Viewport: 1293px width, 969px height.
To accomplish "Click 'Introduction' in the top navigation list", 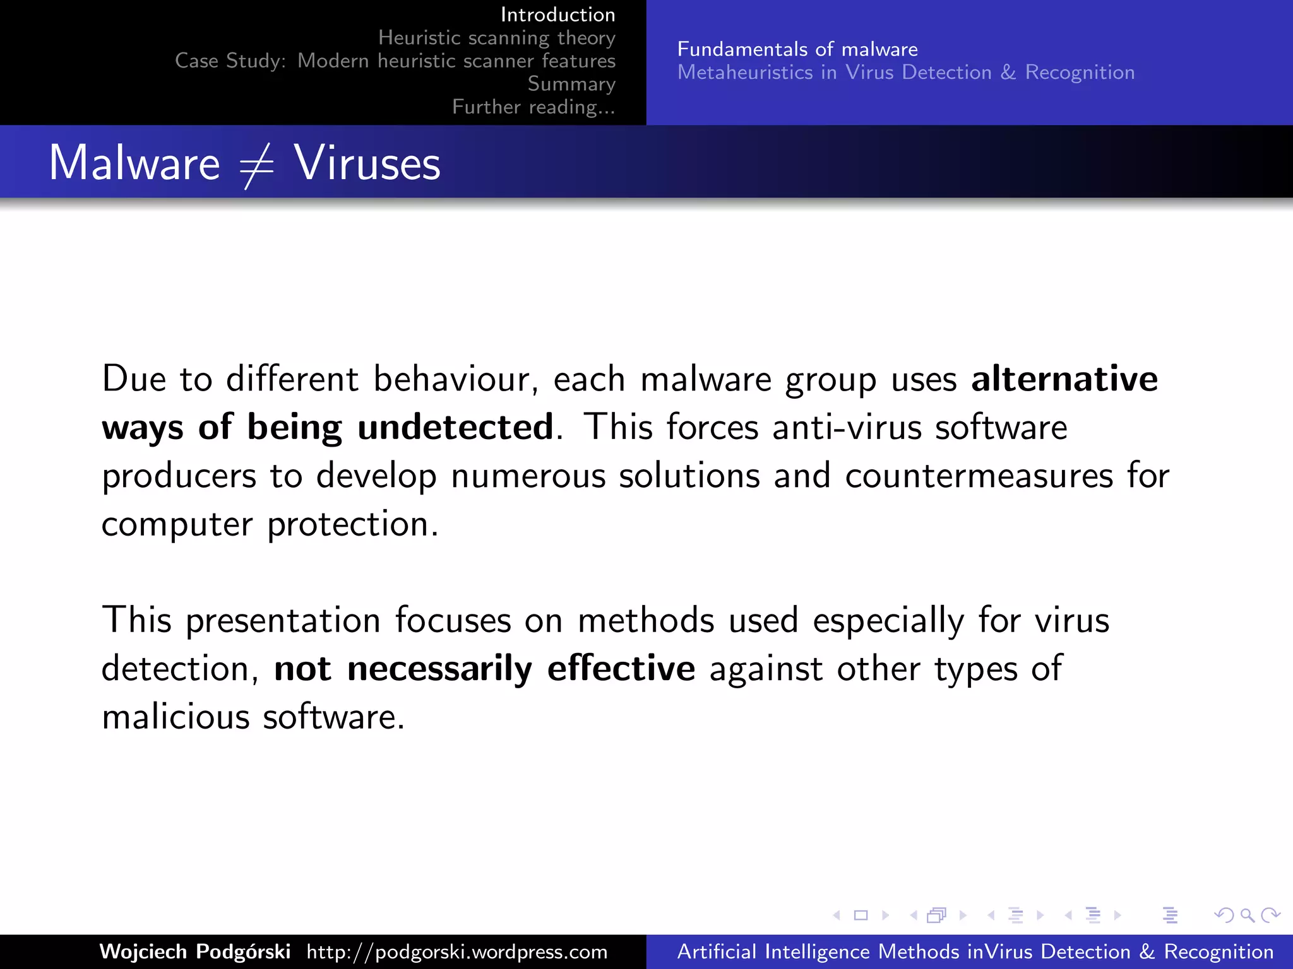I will pyautogui.click(x=557, y=15).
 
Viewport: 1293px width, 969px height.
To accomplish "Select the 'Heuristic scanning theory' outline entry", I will pyautogui.click(x=496, y=38).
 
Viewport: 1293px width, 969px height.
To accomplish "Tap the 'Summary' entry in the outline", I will pyautogui.click(x=571, y=84).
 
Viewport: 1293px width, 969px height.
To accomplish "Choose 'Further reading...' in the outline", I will pyautogui.click(x=533, y=107).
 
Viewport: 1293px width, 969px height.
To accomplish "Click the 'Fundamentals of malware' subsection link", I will pyautogui.click(x=797, y=49).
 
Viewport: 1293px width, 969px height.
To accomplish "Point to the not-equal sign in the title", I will pyautogui.click(x=256, y=165).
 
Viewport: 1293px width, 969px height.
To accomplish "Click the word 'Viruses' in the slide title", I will pyautogui.click(x=367, y=163).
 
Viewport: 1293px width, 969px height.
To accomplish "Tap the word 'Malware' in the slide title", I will pyautogui.click(x=134, y=163).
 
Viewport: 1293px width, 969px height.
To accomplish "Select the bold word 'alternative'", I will pyautogui.click(x=1064, y=379).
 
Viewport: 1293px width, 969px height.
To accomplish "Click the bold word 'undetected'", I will pyautogui.click(x=455, y=427).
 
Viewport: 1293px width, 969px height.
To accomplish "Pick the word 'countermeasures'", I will pyautogui.click(x=979, y=476).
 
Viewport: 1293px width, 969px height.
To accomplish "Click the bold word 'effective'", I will pyautogui.click(x=621, y=669).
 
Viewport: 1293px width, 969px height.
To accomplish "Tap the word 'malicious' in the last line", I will pyautogui.click(x=176, y=717).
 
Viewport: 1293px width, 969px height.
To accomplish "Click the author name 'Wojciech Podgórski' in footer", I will pyautogui.click(x=195, y=951).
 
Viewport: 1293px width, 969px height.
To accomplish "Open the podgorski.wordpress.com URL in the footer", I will pyautogui.click(x=457, y=951).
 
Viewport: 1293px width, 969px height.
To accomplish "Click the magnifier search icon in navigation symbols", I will pyautogui.click(x=1247, y=915).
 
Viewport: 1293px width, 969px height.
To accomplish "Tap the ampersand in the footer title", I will pyautogui.click(x=1147, y=951).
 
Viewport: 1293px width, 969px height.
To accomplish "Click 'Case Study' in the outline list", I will pyautogui.click(x=230, y=61).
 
